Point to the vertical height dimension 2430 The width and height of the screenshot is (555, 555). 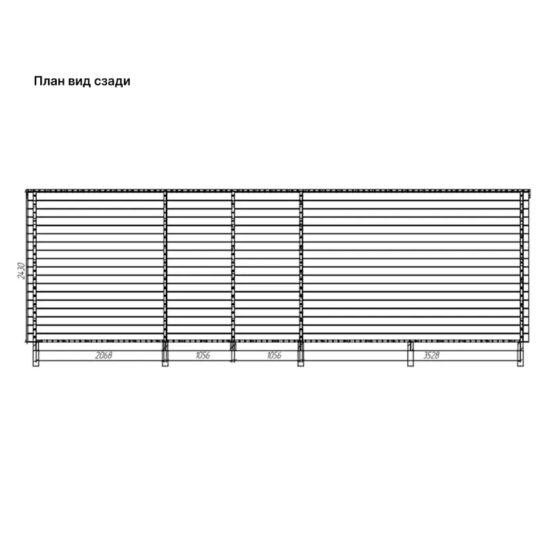point(22,271)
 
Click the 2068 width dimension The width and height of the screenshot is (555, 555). point(103,355)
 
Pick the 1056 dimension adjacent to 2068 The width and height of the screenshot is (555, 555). point(203,355)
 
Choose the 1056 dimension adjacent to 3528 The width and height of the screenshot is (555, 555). point(274,355)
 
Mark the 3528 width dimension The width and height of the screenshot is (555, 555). point(432,355)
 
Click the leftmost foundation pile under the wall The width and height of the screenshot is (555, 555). point(36,354)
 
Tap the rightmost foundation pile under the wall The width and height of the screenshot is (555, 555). point(520,354)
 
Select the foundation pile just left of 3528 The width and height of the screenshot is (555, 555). point(410,354)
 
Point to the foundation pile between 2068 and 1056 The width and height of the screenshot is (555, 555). point(165,354)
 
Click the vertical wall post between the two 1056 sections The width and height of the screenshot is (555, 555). point(233,266)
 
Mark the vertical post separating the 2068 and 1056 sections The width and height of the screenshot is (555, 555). point(165,266)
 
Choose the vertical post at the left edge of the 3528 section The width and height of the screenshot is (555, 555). point(301,266)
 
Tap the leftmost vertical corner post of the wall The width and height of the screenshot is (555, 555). point(35,266)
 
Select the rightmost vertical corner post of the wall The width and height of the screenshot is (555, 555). point(522,266)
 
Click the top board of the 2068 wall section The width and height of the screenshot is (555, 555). point(100,196)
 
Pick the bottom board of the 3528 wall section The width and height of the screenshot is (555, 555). point(411,337)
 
